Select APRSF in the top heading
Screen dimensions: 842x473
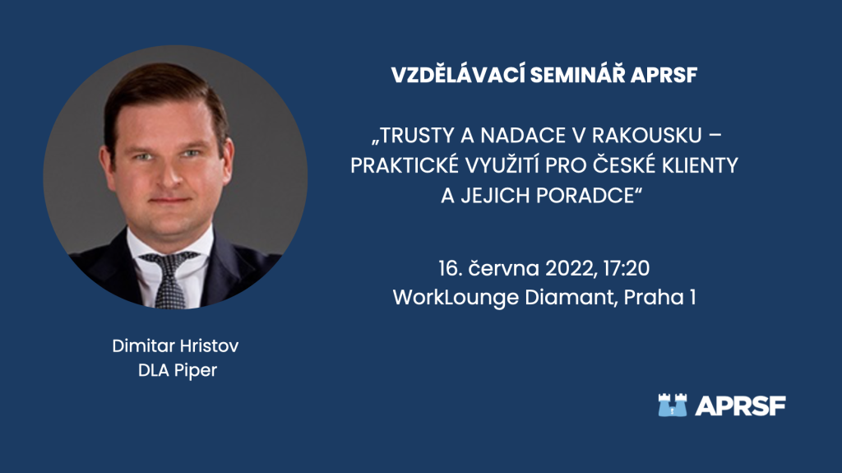click(664, 75)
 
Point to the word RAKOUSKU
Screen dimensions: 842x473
click(647, 136)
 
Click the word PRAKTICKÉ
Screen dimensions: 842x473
click(405, 165)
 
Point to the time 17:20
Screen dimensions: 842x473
click(627, 268)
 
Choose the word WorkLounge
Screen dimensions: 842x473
click(456, 298)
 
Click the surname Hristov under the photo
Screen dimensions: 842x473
click(209, 345)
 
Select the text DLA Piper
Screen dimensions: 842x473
click(178, 370)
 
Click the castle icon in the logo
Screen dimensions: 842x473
click(673, 406)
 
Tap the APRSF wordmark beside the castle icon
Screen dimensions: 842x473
click(740, 406)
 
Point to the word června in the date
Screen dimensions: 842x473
click(504, 268)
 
